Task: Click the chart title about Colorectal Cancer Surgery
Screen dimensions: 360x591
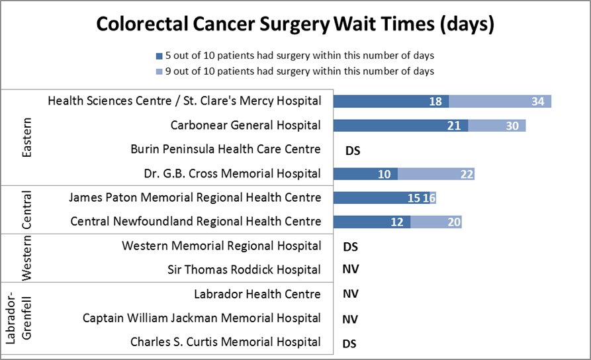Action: point(295,24)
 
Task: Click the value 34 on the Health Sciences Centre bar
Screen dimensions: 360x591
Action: point(537,101)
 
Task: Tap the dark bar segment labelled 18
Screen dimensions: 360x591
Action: point(390,101)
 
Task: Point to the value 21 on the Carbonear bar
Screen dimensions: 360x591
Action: point(454,126)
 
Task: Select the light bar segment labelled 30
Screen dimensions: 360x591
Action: point(497,126)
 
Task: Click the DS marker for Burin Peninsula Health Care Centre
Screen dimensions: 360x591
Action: point(353,151)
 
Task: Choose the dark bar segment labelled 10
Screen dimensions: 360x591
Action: point(365,174)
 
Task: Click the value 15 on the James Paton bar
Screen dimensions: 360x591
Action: point(414,198)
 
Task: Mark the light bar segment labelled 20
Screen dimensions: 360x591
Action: point(436,222)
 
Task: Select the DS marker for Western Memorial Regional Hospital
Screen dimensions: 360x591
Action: point(350,247)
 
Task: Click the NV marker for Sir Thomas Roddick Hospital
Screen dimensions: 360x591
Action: point(350,270)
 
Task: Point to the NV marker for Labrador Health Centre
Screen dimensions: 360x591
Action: point(350,294)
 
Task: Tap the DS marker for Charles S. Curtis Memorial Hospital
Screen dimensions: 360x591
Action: point(350,343)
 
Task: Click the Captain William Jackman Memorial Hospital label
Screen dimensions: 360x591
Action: point(202,318)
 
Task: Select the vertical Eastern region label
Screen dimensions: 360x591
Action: point(27,138)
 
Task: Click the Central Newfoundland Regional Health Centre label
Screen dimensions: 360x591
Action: point(196,222)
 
